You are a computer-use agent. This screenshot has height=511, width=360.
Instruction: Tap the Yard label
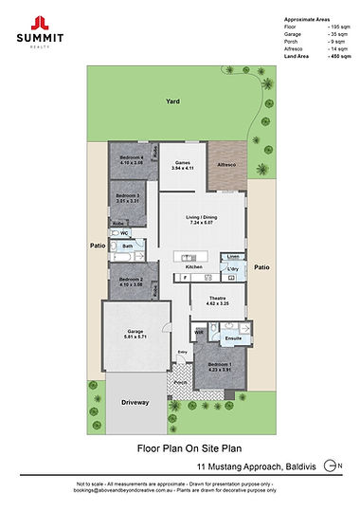[x=173, y=100]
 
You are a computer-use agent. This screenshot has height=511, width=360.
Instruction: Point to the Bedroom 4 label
[x=131, y=159]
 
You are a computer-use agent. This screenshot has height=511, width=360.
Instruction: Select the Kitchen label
[x=194, y=268]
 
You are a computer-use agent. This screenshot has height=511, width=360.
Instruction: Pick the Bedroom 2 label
[x=130, y=283]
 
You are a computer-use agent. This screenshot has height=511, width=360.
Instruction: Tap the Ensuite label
[x=233, y=338]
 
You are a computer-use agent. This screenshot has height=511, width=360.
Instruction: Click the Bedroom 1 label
[x=219, y=366]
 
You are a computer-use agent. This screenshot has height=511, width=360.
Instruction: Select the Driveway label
[x=135, y=403]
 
